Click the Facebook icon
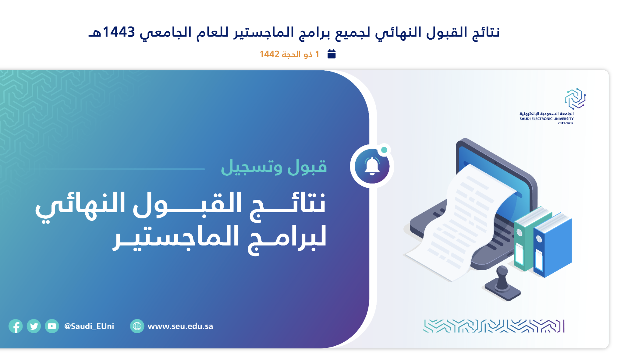coord(16,326)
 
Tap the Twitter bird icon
coord(34,326)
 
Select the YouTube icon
coord(52,326)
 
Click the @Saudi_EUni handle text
coord(89,326)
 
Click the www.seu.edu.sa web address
coord(180,326)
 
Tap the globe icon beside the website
coord(137,326)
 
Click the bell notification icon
coord(372,166)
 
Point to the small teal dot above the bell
coord(384,150)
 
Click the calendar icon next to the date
coord(332,54)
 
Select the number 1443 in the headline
coord(119,32)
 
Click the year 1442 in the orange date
coord(269,54)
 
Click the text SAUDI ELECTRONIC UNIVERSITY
coord(547,119)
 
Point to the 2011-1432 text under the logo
coord(566,123)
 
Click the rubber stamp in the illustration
coord(502,283)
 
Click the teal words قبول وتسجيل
coord(274,167)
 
